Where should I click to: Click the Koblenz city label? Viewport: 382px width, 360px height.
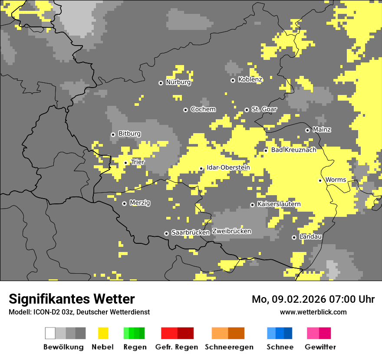click(250, 79)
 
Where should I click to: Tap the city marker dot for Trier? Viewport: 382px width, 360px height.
click(126, 163)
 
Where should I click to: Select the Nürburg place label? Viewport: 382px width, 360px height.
click(178, 82)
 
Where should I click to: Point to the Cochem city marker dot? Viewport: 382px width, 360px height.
click(185, 110)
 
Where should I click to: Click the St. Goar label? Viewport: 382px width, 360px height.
click(264, 109)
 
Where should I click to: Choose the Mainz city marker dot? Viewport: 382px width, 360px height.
click(307, 130)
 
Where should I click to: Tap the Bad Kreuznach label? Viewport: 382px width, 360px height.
click(293, 150)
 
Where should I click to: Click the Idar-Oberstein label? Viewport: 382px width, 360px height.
click(228, 167)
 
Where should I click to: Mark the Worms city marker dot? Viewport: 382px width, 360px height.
click(320, 180)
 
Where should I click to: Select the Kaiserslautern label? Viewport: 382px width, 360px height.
click(279, 204)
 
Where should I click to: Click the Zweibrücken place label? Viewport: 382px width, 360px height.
click(231, 231)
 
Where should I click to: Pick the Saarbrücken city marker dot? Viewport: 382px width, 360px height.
click(166, 233)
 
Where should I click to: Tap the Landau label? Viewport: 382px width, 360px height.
click(310, 237)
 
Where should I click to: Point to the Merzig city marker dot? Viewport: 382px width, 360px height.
click(124, 203)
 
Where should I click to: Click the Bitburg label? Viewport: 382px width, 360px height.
click(129, 134)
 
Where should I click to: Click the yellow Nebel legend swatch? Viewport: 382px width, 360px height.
click(103, 333)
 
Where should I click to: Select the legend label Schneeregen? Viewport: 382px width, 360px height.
click(229, 347)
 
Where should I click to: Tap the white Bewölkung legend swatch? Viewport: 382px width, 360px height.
click(50, 333)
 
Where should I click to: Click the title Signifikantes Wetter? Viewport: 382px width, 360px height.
click(72, 299)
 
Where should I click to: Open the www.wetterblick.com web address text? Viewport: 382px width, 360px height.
click(313, 312)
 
